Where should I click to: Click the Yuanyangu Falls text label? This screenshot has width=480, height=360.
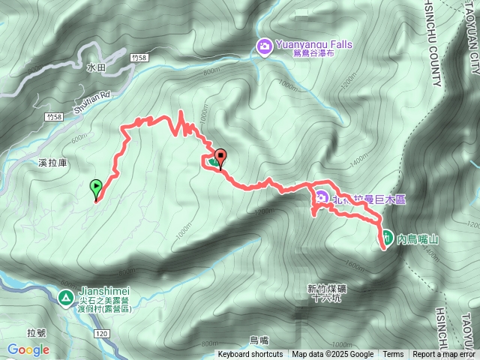314,44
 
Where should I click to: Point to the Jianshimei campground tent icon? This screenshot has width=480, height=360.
66,298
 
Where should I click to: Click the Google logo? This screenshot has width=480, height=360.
28,349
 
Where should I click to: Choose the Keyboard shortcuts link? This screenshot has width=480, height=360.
250,355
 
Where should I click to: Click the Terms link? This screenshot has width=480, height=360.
393,355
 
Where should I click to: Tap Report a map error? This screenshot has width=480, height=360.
444,355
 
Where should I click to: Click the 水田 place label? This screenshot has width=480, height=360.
96,67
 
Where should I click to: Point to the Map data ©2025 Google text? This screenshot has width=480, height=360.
332,355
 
